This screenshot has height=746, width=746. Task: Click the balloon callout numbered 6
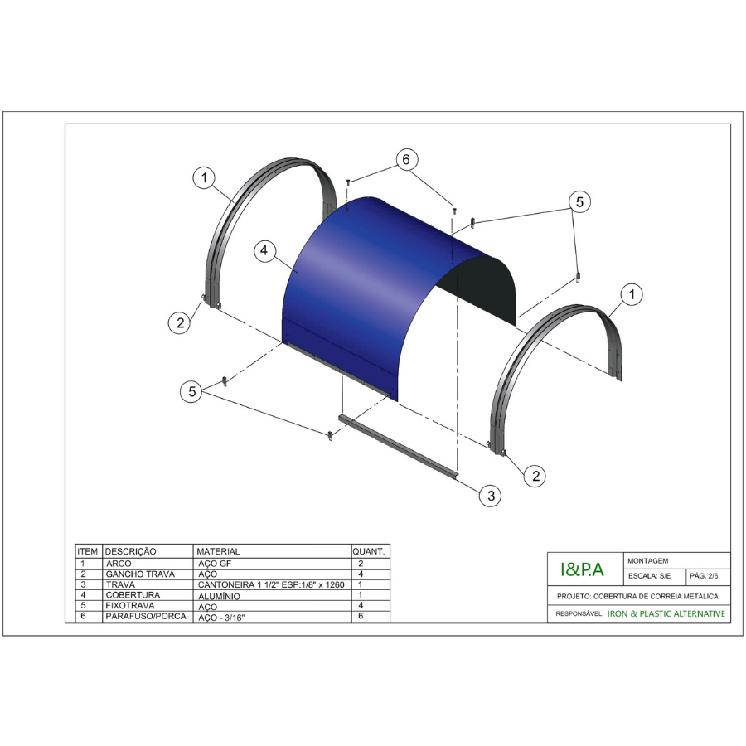406,159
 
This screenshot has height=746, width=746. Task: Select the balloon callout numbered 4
264,250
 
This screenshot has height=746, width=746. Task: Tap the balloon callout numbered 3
491,496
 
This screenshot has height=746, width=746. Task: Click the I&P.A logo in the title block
582,569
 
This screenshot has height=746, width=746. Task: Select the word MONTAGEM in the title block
647,561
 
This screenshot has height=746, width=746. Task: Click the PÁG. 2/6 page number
704,576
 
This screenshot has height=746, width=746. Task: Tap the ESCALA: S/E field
649,576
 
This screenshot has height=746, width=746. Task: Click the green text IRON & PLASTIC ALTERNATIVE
666,613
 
